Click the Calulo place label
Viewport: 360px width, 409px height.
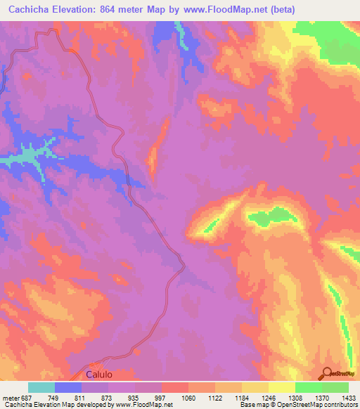coord(99,375)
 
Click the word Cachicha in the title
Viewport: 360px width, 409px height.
coord(31,10)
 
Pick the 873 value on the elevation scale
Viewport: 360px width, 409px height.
coord(107,398)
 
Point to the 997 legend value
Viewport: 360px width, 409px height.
coord(160,398)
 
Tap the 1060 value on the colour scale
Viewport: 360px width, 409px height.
coord(188,398)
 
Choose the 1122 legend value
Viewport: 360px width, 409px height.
coord(214,398)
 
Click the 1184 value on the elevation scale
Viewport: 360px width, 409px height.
coord(241,398)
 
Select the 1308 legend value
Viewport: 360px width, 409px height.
coord(295,398)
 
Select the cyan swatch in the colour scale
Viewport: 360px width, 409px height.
coord(41,387)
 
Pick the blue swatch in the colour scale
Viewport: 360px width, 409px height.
coord(68,387)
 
